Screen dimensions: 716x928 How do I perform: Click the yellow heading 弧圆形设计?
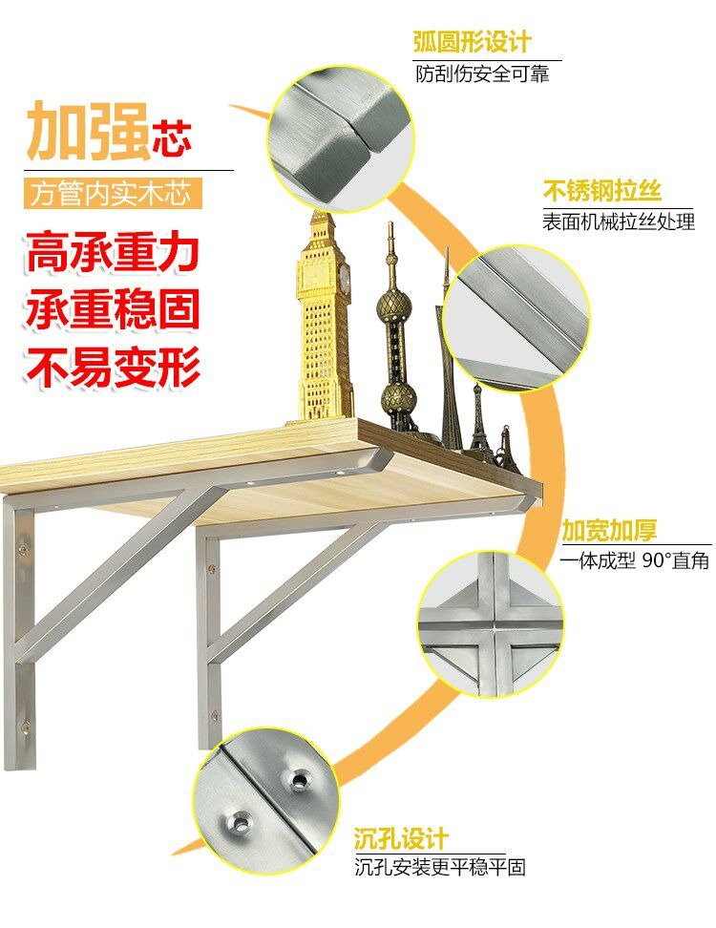472,43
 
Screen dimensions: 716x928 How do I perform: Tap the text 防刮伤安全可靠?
482,74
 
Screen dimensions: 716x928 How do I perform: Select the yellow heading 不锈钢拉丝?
601,191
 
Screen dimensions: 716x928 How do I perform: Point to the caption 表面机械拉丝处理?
619,221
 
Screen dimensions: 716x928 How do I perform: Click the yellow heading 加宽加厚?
609,530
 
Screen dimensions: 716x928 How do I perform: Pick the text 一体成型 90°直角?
634,559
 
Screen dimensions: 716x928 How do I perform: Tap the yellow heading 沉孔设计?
401,838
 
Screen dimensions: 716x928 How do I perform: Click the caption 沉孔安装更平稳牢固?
440,868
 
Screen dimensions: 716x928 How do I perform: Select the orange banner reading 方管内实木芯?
113,194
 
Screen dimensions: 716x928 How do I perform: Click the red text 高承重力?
112,253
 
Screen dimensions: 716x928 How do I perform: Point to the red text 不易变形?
112,368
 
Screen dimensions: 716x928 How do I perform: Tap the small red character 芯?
172,140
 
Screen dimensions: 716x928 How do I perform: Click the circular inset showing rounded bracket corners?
340,138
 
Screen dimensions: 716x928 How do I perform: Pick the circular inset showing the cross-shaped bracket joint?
490,624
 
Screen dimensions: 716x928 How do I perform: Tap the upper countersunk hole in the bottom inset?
300,781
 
